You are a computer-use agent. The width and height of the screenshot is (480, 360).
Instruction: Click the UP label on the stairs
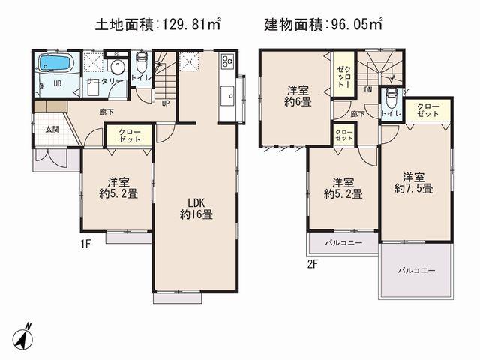pos(165,103)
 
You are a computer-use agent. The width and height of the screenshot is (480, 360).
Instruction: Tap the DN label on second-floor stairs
pos(368,89)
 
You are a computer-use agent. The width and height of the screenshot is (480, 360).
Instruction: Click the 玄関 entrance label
pos(52,130)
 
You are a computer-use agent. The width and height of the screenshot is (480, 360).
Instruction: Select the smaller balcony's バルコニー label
pos(343,244)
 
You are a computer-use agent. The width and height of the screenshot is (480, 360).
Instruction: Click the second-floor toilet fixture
pos(391,98)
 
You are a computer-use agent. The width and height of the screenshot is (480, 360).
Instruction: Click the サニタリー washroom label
pos(100,80)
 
